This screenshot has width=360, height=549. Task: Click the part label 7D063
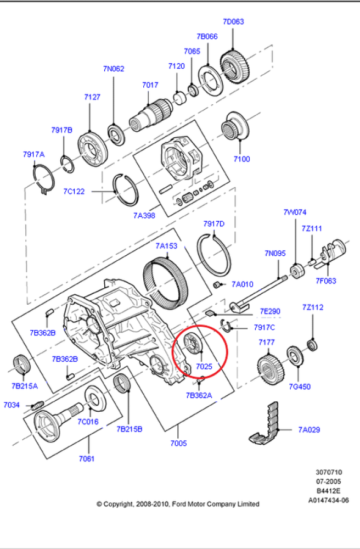233,22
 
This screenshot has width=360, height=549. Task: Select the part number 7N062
114,69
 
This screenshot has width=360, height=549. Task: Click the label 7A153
166,246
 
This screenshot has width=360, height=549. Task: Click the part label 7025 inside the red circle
204,366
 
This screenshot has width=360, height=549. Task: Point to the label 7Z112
312,307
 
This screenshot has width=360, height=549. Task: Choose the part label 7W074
295,212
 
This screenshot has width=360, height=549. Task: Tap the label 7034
12,405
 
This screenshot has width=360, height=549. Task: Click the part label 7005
178,443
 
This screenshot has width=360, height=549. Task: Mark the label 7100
241,159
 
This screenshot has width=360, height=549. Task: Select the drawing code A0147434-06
328,500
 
